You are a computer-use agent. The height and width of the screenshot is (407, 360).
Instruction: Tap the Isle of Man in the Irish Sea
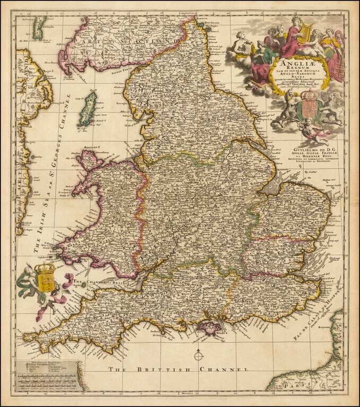click(x=90, y=104)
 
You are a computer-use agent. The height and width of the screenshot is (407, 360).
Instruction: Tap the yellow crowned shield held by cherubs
click(x=45, y=278)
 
